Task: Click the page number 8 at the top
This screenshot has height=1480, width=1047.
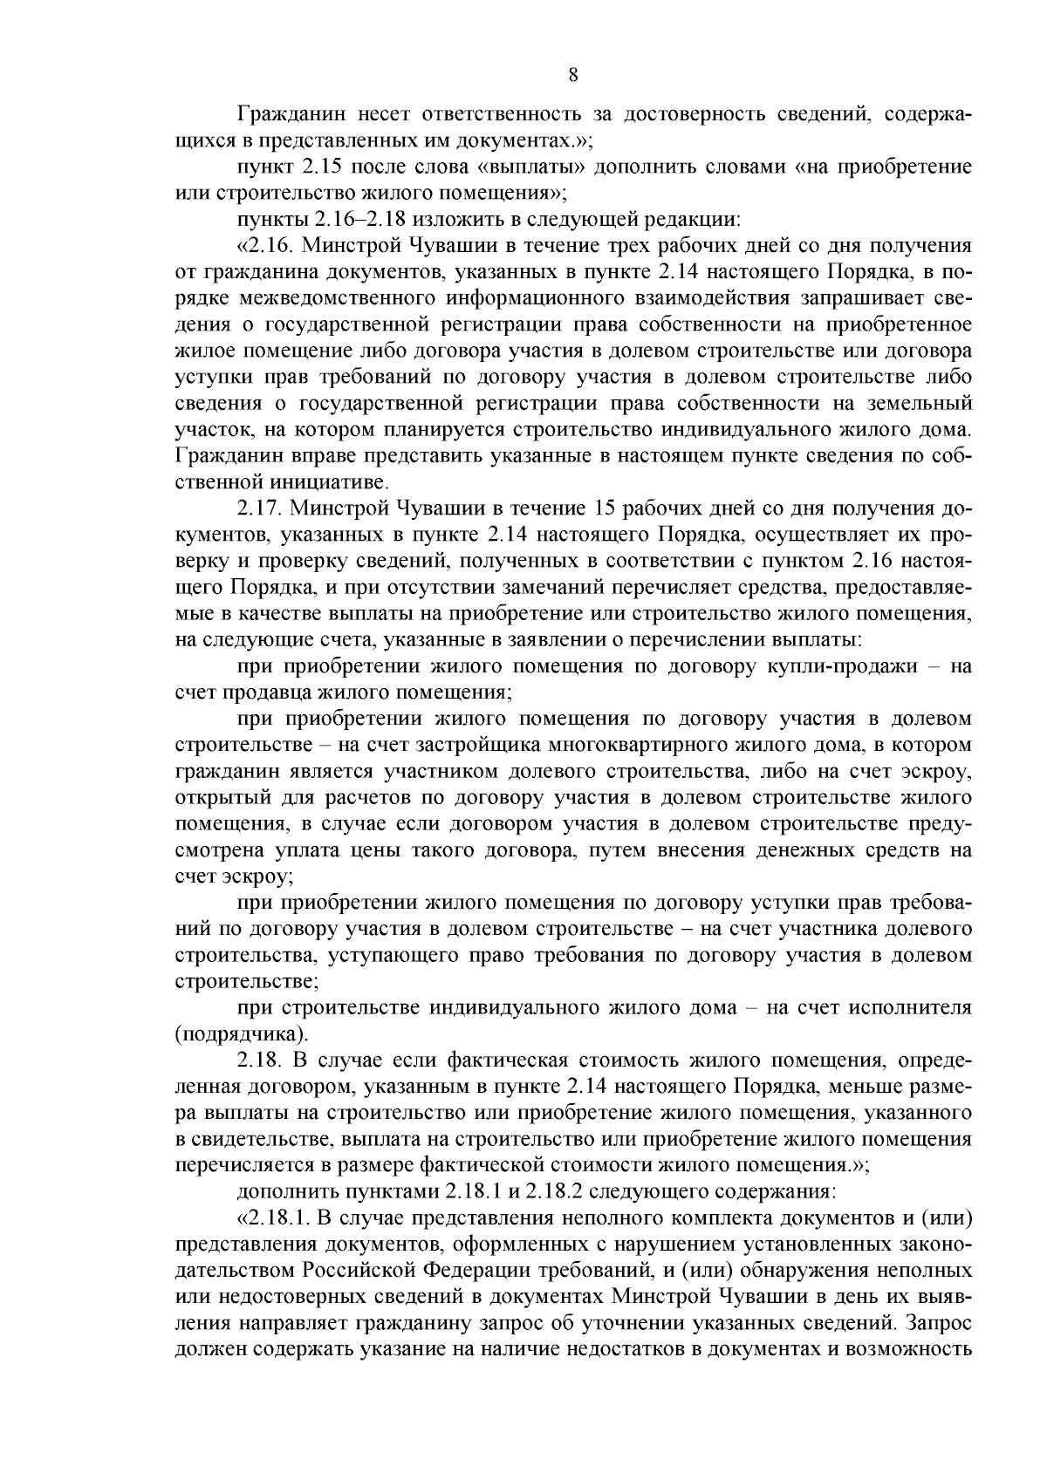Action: point(572,75)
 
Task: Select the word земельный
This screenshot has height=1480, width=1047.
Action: point(925,403)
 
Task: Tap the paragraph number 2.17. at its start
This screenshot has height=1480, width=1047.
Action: point(258,508)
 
